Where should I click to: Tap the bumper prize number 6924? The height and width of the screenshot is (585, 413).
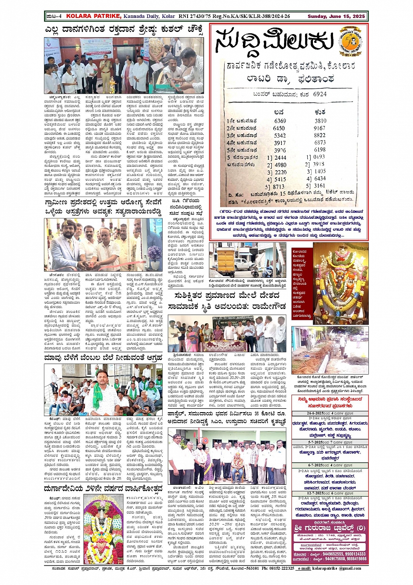tap(319, 94)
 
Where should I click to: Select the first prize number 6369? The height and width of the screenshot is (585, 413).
tap(280, 121)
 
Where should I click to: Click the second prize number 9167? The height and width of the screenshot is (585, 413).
tap(319, 128)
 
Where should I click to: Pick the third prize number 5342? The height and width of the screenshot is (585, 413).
tap(280, 136)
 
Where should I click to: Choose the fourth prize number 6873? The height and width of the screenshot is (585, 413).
tap(320, 143)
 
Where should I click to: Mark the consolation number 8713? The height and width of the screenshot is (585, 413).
tap(278, 187)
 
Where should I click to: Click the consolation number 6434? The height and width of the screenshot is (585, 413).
tap(319, 179)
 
